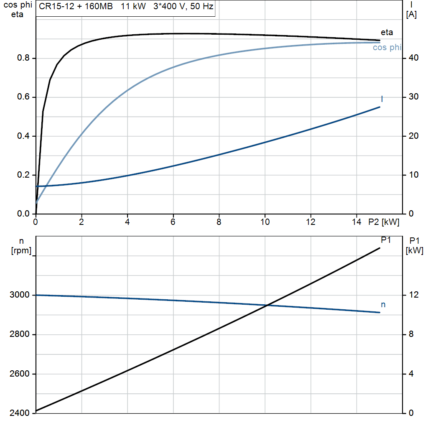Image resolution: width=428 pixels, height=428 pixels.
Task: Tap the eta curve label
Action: (387, 32)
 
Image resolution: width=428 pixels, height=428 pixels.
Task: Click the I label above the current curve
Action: (382, 99)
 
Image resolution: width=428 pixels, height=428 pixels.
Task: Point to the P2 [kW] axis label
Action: (384, 222)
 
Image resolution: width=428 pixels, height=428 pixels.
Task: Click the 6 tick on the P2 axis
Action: (173, 222)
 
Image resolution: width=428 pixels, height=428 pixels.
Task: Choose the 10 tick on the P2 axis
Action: (265, 222)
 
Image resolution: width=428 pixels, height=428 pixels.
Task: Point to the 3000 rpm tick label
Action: (19, 295)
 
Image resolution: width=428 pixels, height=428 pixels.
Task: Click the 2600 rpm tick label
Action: (19, 374)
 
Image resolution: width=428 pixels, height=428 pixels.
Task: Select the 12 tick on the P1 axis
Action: (413, 295)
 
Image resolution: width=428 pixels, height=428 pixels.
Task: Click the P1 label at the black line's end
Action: (386, 240)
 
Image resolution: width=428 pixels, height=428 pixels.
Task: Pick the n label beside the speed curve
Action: (383, 305)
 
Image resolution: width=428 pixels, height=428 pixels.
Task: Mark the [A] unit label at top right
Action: (411, 15)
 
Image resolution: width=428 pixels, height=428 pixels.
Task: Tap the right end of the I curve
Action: (380, 107)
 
